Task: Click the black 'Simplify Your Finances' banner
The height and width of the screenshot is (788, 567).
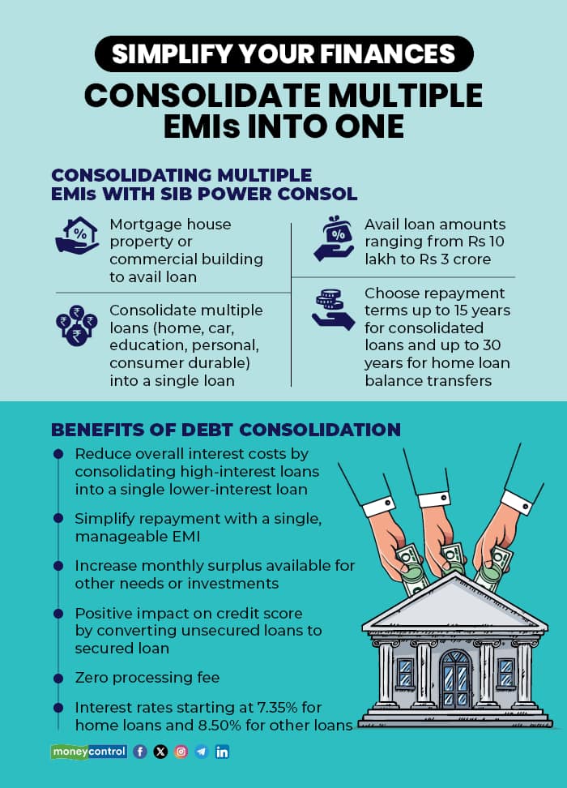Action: point(283,54)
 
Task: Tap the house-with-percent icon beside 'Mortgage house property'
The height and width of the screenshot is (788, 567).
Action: point(76,234)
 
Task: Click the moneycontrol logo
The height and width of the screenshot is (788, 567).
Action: point(89,752)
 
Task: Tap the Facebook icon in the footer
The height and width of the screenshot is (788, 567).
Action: point(140,752)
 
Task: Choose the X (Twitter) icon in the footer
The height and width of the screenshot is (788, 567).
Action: point(160,752)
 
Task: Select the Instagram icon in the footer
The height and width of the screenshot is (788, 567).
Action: point(181,752)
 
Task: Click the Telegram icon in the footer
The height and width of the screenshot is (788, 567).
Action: point(201,752)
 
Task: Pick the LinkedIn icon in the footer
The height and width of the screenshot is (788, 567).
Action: point(222,752)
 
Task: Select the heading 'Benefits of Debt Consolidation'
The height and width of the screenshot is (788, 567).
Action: point(226,429)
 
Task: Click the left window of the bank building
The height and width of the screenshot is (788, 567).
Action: point(405,672)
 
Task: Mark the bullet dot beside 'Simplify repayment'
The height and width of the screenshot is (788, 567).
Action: point(58,516)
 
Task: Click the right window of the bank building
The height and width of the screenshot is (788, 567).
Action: point(506,672)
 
